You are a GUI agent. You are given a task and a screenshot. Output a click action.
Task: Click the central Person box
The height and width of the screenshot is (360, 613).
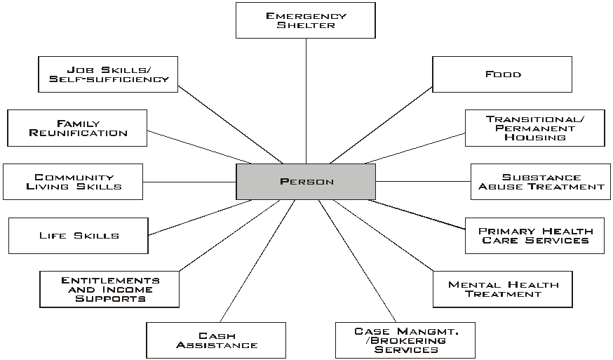pos(306,182)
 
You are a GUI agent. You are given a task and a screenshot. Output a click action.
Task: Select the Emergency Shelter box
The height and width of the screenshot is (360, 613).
pos(306,20)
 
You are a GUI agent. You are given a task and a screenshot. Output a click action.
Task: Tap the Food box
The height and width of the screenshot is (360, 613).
pos(502,74)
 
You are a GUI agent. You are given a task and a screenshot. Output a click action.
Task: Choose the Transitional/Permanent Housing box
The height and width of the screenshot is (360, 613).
pos(534,128)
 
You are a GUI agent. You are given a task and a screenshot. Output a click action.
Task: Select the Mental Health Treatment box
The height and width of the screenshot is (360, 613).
pos(502,289)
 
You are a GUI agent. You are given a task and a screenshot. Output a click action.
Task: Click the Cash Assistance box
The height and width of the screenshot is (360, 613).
pos(216,340)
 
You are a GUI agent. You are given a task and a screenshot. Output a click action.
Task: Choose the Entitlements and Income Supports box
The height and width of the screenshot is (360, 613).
pos(109,289)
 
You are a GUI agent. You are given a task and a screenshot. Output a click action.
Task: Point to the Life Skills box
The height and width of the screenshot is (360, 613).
pos(79,236)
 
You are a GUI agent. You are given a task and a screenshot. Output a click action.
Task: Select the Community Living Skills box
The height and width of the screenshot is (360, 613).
pos(73,182)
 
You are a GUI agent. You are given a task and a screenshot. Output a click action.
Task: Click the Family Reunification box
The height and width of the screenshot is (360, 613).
pos(77,128)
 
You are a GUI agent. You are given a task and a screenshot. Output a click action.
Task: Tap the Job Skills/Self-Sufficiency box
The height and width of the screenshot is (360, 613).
pos(108,74)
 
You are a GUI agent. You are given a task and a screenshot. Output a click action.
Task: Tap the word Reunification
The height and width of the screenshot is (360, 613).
pos(78,133)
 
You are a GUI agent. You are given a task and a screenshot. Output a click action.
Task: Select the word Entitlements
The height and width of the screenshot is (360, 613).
pos(109,280)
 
